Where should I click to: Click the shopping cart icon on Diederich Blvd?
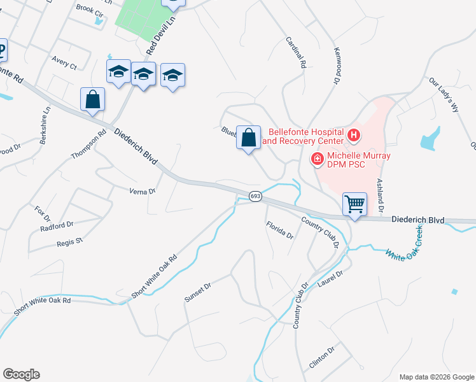354,204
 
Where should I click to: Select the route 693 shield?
255,196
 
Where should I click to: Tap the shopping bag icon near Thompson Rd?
93,100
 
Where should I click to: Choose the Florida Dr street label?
279,230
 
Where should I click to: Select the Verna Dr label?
143,191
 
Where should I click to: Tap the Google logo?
21,374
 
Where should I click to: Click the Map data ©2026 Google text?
437,376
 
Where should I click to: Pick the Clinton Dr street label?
321,359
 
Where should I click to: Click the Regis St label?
69,242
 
